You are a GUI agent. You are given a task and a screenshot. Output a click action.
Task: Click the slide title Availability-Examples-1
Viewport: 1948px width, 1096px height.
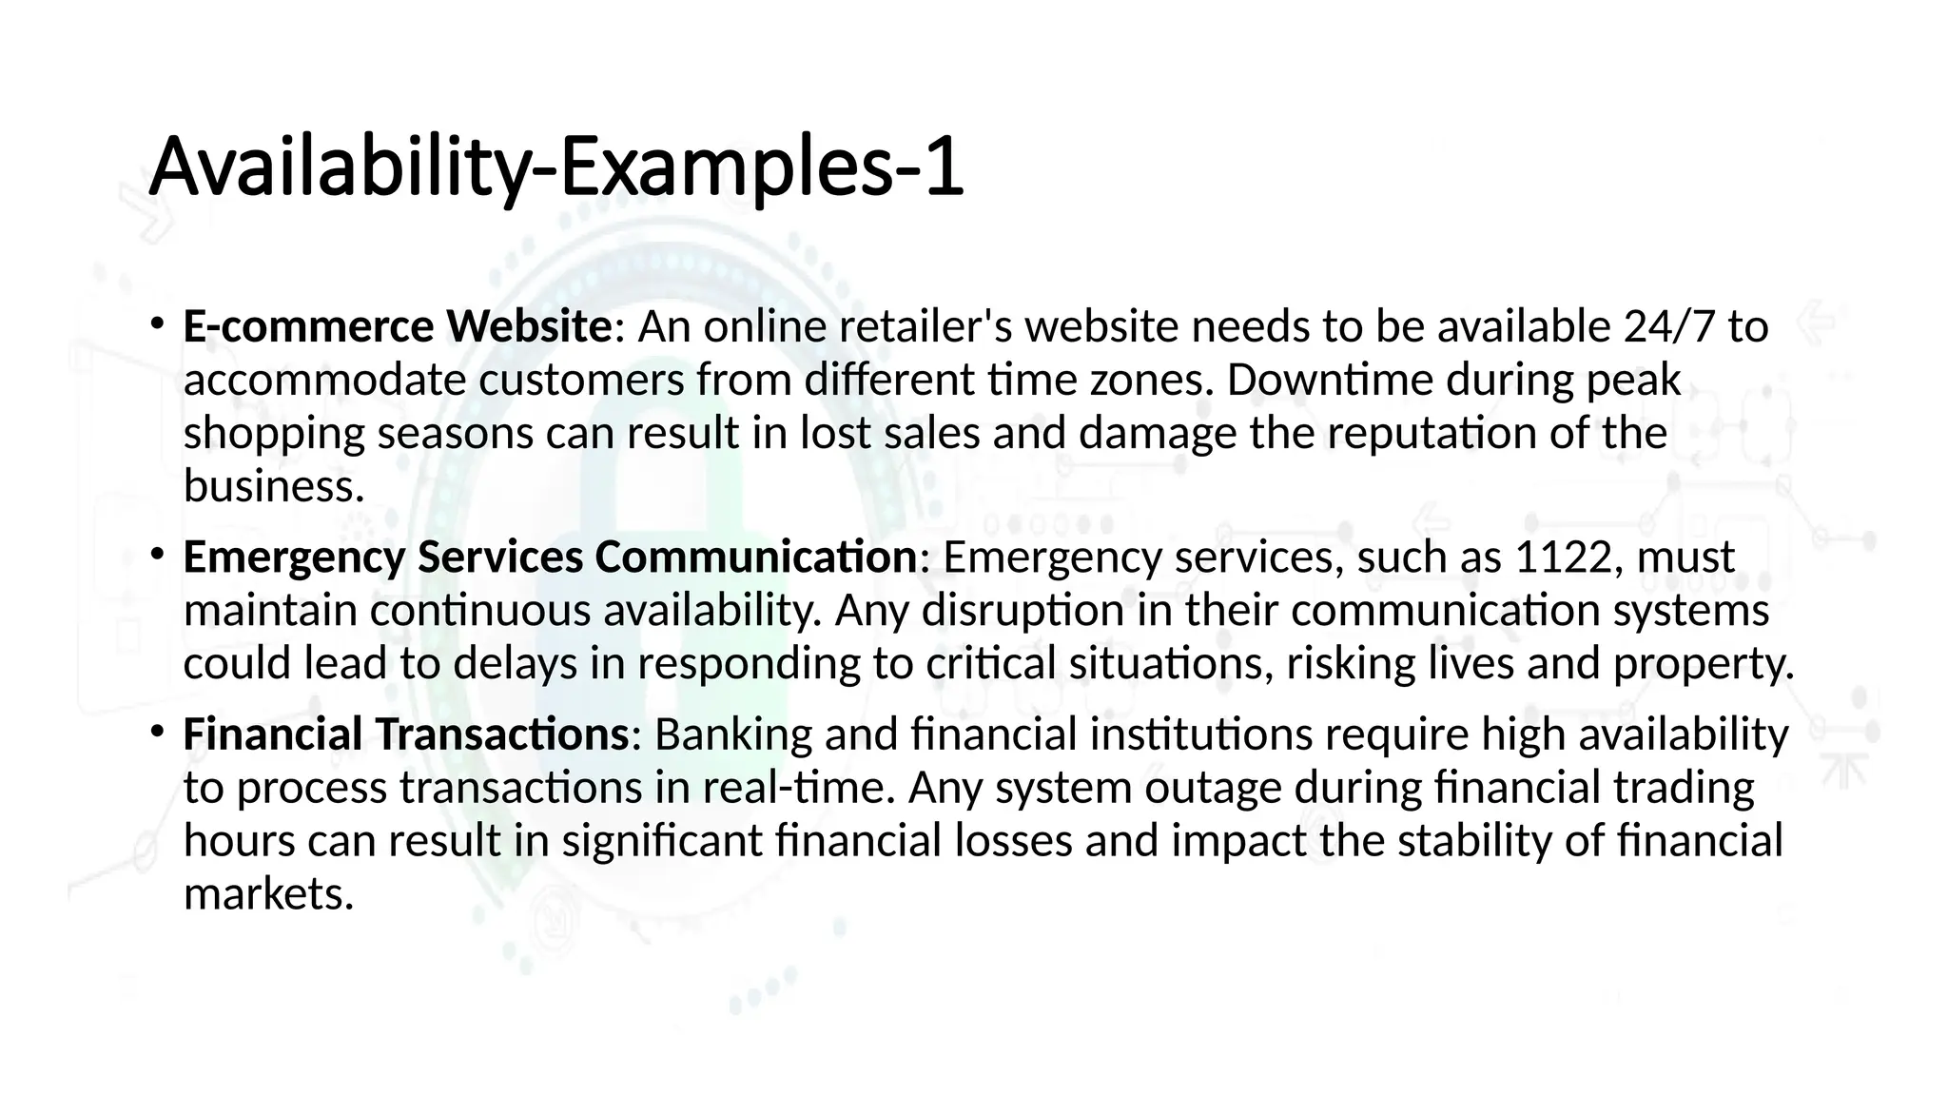point(556,167)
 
